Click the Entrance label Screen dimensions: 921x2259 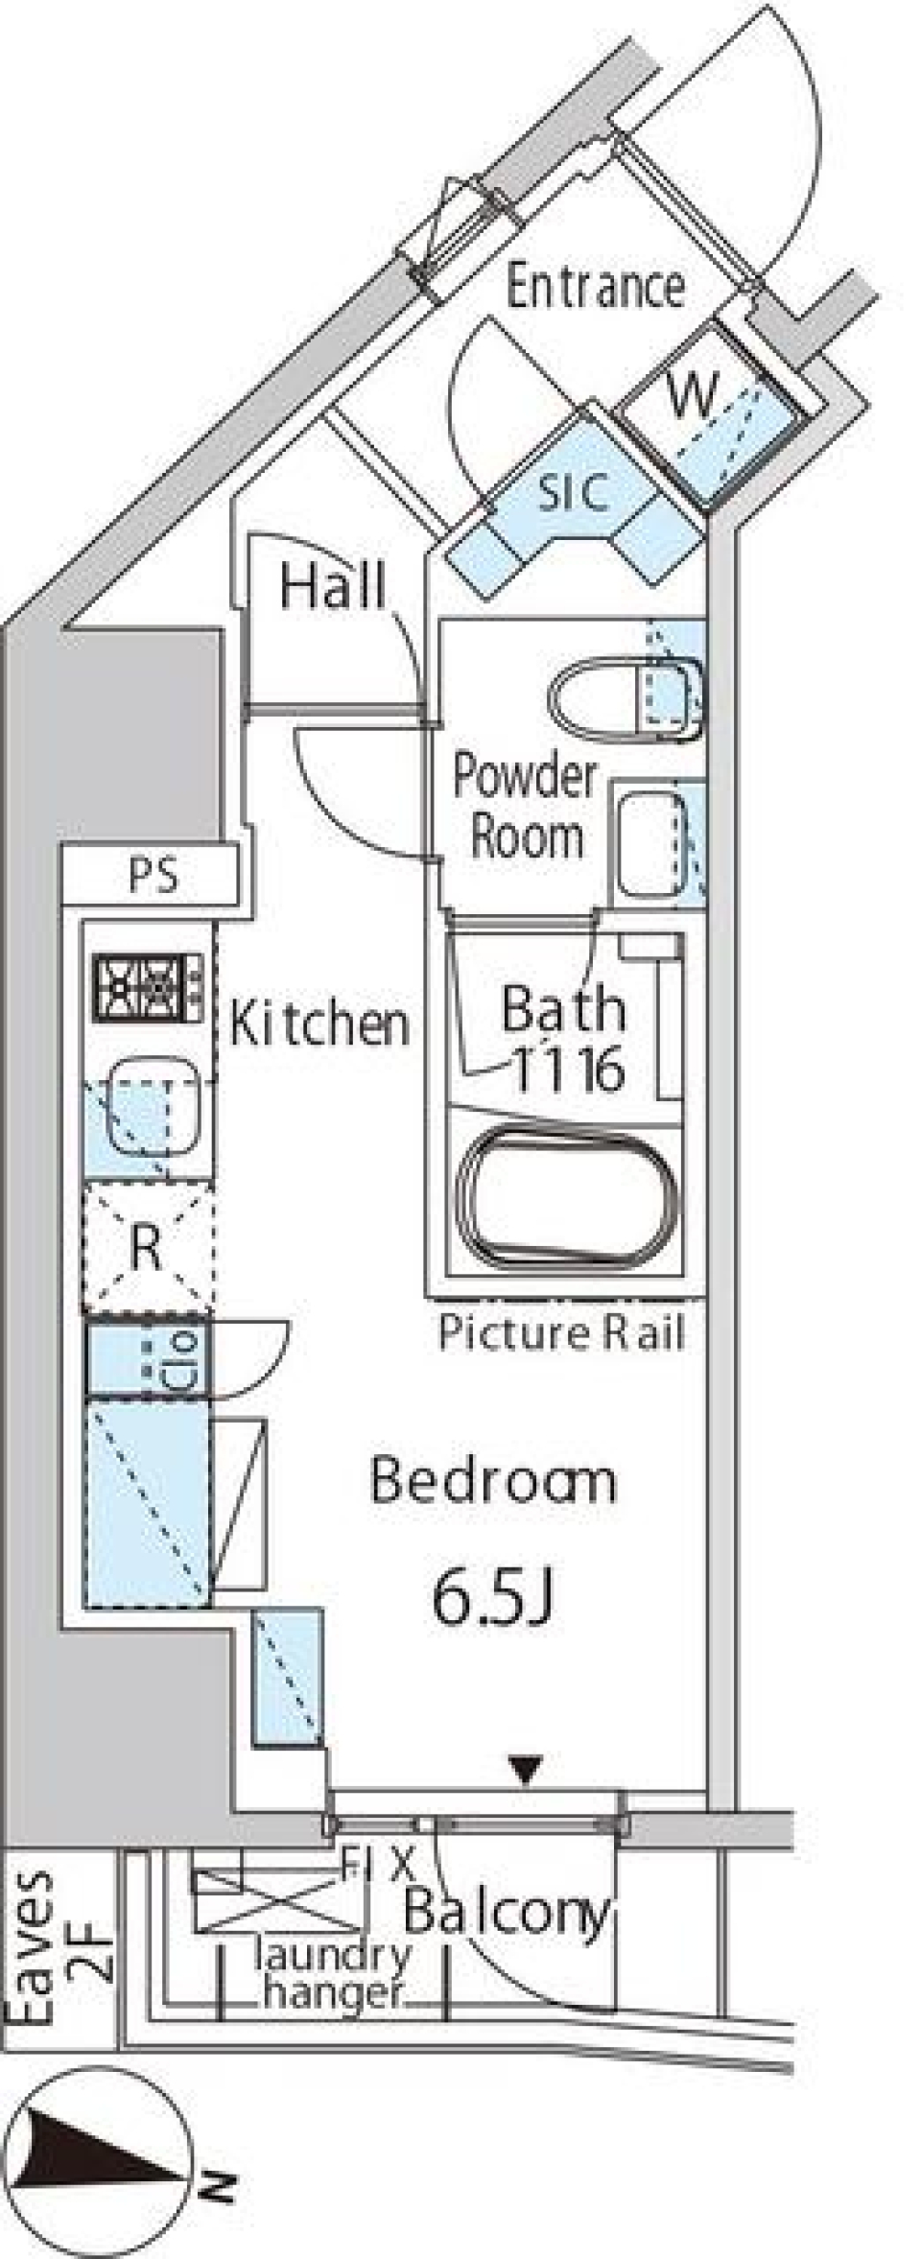tap(595, 287)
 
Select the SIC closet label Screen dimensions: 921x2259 tap(573, 493)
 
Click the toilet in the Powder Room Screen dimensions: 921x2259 tap(626, 700)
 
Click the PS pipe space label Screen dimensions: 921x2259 tap(153, 876)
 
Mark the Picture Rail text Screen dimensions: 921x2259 tap(562, 1333)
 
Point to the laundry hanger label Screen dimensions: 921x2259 tap(332, 1972)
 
